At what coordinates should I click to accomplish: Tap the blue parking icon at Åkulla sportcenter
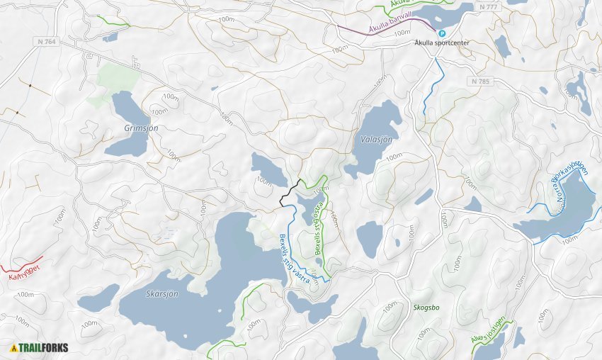coord(442,33)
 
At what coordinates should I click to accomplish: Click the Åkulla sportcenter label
coord(442,43)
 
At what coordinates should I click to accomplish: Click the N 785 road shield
coord(479,81)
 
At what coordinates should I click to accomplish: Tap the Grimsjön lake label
coord(142,128)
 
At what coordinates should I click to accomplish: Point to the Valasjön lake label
coord(375,140)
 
